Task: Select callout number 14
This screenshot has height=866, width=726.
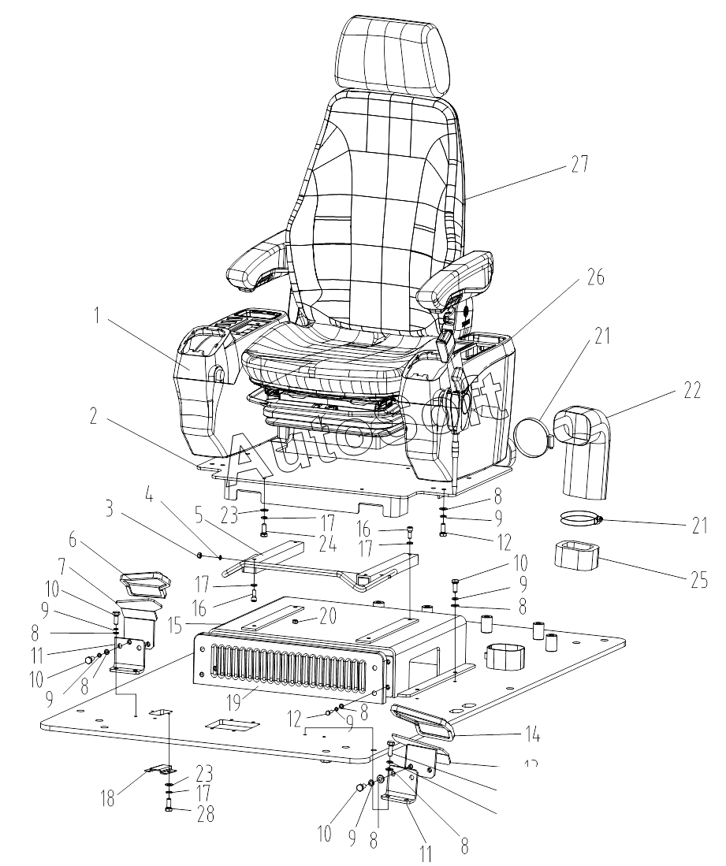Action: [x=531, y=736]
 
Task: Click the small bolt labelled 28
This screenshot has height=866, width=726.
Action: [x=170, y=805]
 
